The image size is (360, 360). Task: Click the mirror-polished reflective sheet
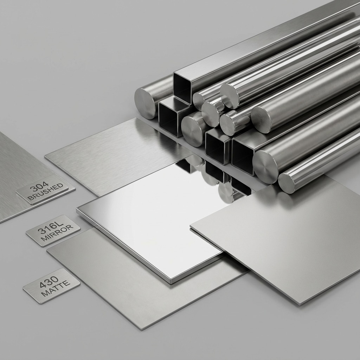point(151,218)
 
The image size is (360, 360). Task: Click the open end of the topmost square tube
point(183,87)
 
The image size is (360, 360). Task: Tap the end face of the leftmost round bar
point(145,104)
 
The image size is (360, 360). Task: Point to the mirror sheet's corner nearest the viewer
point(170,282)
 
